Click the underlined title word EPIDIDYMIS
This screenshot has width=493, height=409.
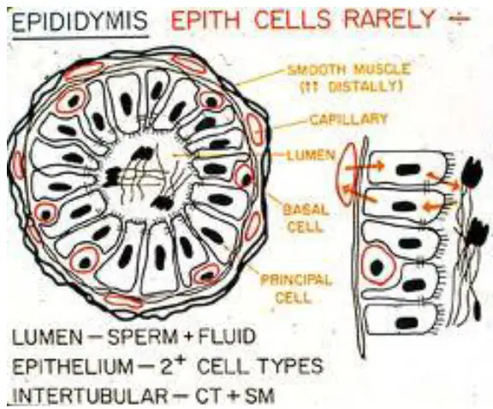pos(80,21)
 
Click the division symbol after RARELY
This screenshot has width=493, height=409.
pos(459,18)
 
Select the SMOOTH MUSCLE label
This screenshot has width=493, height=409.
pos(349,69)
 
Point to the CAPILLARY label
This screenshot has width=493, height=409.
pos(347,120)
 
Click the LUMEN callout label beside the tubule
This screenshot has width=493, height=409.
pos(311,155)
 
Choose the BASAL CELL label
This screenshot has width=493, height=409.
pos(306,218)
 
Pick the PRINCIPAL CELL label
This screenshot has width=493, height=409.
pos(295,288)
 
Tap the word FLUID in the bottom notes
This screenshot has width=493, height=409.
pos(227,336)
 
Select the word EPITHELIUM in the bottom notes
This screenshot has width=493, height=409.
pos(73,366)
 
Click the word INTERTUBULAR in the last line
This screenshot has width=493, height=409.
pos(89,395)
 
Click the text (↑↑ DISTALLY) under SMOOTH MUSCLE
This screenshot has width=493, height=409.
pos(351,86)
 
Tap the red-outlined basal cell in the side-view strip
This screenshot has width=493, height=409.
pos(377,266)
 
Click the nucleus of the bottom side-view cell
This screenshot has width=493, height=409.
pos(407,323)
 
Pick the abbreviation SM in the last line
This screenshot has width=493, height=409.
pos(259,395)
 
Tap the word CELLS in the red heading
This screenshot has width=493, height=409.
pos(292,20)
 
